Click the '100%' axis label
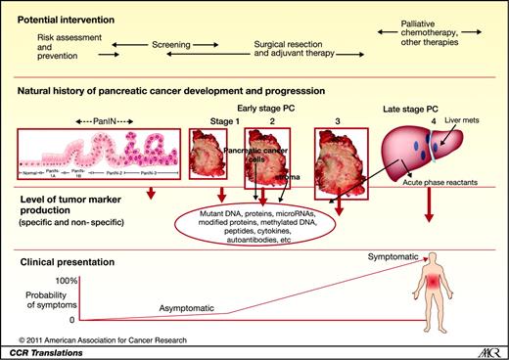[65, 281]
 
